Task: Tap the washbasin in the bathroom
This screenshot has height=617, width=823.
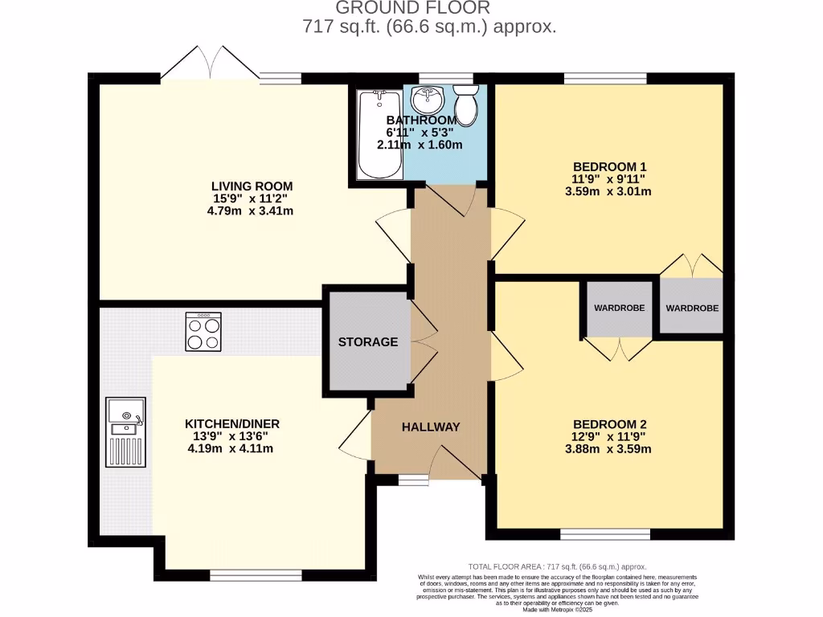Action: [427, 101]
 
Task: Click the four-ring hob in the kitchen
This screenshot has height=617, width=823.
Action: [203, 333]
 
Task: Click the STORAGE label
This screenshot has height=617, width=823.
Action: [367, 341]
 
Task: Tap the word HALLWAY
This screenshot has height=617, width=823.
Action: [431, 427]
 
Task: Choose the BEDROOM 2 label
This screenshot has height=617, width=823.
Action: [610, 423]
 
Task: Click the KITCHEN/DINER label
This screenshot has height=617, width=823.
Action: [232, 423]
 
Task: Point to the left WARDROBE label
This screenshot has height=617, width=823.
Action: [620, 308]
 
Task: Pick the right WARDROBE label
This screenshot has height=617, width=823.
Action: [692, 308]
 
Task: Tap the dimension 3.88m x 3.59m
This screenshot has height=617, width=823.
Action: [610, 448]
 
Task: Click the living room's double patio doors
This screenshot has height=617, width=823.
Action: [210, 65]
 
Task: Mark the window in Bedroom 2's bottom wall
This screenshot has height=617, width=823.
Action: [605, 534]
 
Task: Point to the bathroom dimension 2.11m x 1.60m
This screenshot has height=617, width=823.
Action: [420, 145]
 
